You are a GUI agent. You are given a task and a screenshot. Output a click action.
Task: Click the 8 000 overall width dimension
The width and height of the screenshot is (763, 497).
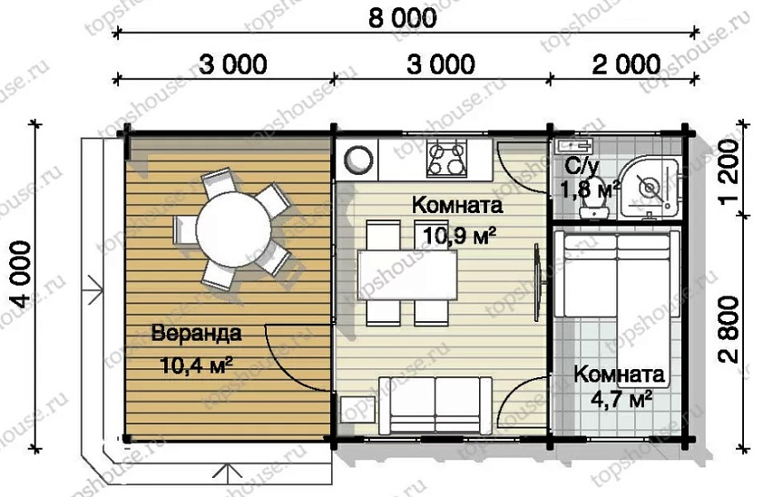pos(402,17)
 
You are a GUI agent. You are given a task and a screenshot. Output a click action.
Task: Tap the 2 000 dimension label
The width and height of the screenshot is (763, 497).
pos(625,64)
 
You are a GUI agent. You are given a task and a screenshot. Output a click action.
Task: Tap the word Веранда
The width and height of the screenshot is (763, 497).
pos(197,333)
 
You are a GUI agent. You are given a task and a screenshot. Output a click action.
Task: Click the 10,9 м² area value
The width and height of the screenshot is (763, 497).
pos(458,237)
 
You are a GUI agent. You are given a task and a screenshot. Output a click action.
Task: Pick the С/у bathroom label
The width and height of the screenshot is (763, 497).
pos(582,166)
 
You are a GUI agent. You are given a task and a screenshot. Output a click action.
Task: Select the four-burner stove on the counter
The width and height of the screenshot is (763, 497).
pos(446,160)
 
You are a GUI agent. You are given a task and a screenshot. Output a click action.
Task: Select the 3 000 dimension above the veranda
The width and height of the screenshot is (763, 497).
pos(232,64)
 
